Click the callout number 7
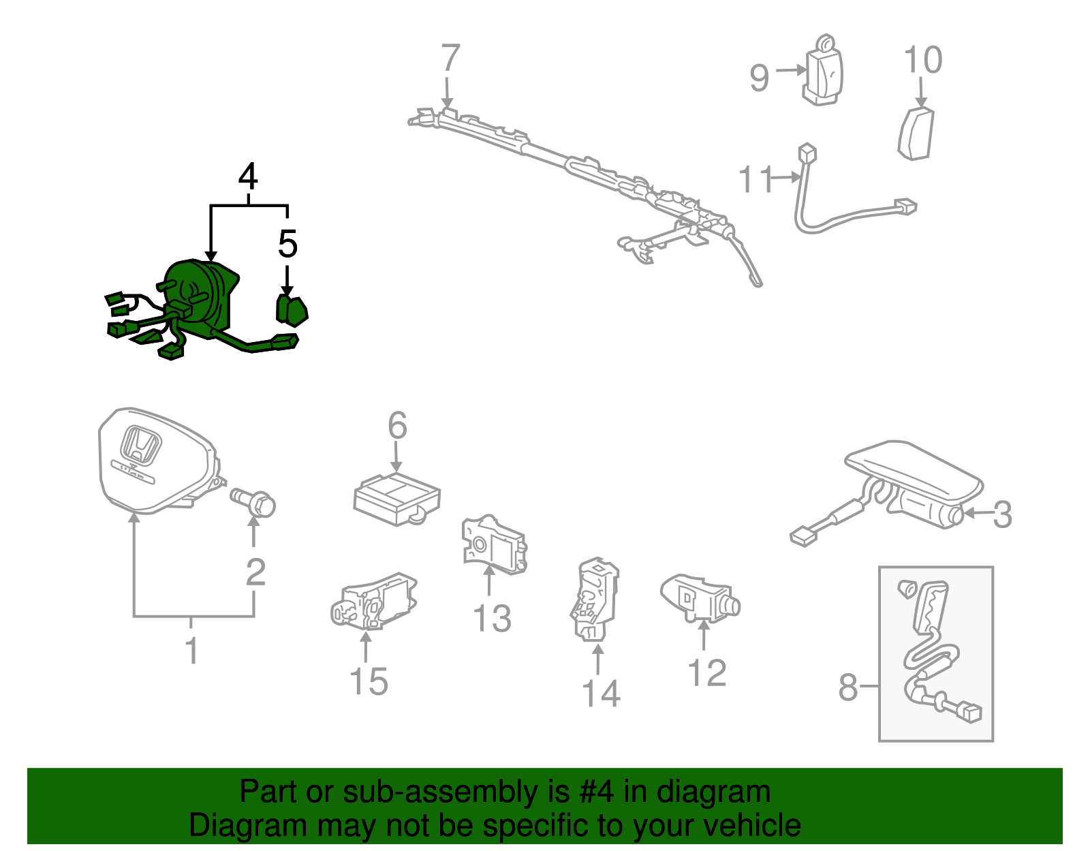coord(450,58)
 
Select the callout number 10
coord(923,60)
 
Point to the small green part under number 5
coord(292,311)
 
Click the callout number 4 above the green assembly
coord(248,176)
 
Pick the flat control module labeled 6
coord(396,499)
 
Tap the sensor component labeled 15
coord(374,602)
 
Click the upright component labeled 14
coord(595,599)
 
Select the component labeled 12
coord(700,599)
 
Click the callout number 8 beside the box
coord(848,687)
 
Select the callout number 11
coord(756,179)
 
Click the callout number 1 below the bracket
coord(192,651)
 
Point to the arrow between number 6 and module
coord(396,457)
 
